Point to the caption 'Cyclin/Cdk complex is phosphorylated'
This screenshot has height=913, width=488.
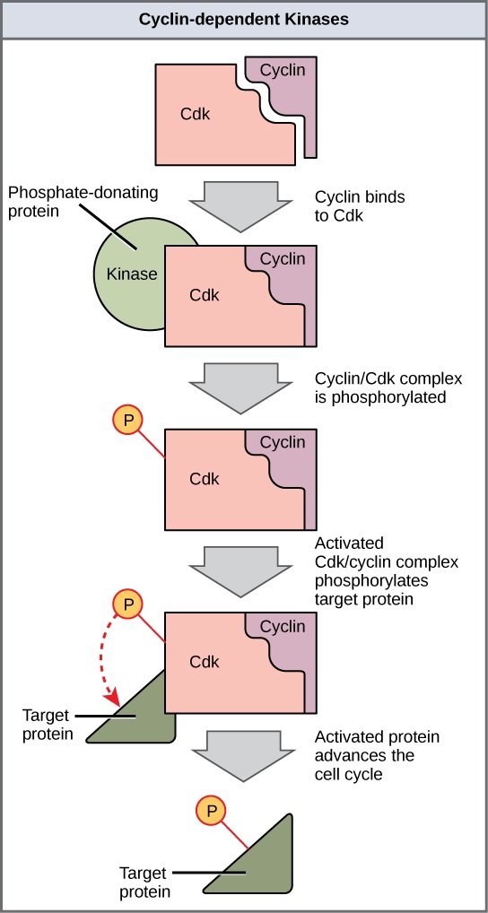coord(379,387)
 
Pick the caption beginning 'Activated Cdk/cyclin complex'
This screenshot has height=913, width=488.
coord(386,570)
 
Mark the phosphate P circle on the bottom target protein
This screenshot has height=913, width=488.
coord(212,812)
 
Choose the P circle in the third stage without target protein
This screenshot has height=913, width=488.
coord(128,421)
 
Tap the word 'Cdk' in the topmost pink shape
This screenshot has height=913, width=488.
coord(195,115)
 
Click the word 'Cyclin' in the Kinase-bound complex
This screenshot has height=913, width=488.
coord(283,259)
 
